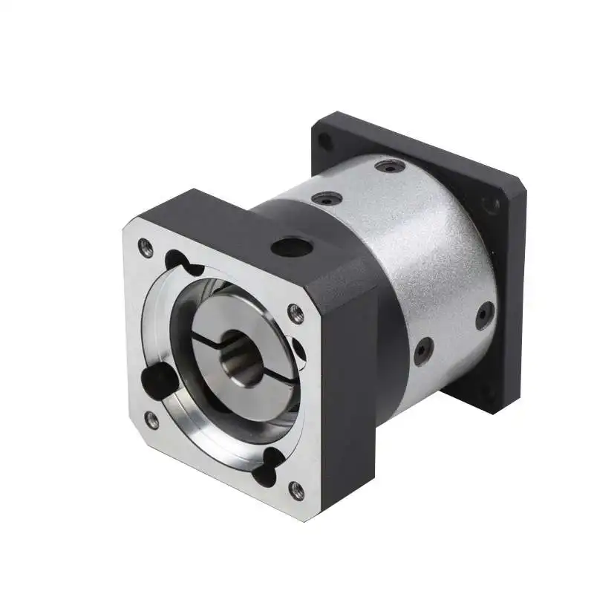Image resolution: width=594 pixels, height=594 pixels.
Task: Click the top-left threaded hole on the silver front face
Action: (x=146, y=248)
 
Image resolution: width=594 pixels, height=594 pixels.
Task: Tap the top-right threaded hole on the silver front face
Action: (x=296, y=313)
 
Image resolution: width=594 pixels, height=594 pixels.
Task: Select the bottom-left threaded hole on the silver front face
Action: (x=151, y=420)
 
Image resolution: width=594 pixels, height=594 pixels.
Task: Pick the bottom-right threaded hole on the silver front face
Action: (x=296, y=490)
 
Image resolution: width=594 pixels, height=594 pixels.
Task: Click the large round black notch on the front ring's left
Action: (x=157, y=379)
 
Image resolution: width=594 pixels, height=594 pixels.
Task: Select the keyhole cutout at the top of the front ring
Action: (x=180, y=261)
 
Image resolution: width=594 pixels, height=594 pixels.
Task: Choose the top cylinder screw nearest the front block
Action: (x=327, y=198)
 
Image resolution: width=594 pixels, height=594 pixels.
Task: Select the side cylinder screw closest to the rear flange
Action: (x=484, y=315)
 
